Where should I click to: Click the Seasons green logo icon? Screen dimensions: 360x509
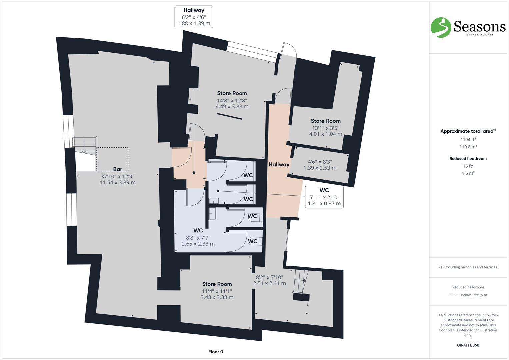point(441,27)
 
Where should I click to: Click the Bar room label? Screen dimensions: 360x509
point(117,169)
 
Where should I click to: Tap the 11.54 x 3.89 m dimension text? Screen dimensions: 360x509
point(117,183)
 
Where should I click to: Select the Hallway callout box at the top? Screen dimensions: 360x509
point(194,17)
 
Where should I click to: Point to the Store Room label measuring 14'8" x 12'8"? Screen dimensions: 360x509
point(232,93)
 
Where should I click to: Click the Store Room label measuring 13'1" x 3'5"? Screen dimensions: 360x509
point(326,121)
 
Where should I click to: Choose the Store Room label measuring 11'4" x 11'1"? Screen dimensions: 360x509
point(217,284)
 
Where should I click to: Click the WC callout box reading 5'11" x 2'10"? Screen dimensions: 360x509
point(324,197)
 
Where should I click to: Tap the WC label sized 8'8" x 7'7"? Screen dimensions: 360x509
point(198,231)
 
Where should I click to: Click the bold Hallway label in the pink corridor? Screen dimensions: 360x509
point(279,164)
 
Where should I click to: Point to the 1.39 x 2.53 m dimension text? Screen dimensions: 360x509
point(320,168)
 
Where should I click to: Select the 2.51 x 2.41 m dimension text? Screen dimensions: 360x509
point(269,283)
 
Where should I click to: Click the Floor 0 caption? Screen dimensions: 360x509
point(216,352)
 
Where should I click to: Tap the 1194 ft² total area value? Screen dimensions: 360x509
point(468,140)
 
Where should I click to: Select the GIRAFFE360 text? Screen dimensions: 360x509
point(468,345)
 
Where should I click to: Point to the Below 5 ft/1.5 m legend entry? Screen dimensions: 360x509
point(474,295)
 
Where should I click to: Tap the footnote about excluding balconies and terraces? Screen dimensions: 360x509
point(468,267)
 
